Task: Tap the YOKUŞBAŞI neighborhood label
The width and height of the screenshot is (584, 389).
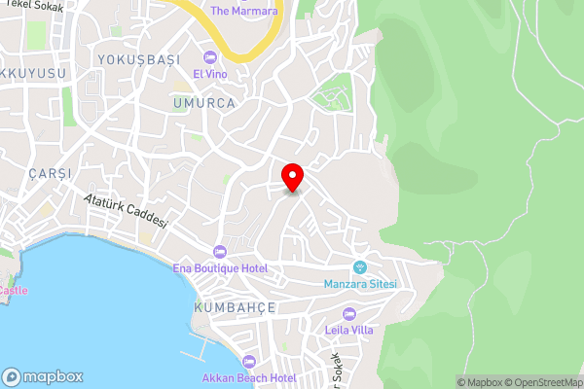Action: coord(139,59)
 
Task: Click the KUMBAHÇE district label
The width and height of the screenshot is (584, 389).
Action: coord(235,307)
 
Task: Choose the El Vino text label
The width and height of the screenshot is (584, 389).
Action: coord(209,74)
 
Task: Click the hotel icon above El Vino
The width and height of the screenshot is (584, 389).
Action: coord(209,56)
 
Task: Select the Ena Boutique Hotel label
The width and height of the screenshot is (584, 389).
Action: coord(235,268)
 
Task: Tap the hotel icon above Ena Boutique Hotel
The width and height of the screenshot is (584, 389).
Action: coord(234,252)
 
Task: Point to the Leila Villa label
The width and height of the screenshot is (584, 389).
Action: coord(349,330)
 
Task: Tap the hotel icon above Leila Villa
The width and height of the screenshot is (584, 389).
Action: coord(349,313)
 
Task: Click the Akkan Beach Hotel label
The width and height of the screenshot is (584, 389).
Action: coord(248,377)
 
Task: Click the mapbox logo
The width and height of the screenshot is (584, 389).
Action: coord(43,376)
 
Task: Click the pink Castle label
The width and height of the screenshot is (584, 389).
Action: coord(13,290)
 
